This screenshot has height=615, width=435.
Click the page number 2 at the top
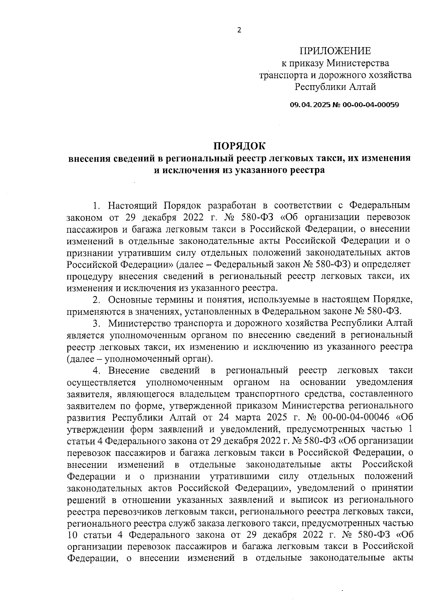(x=239, y=30)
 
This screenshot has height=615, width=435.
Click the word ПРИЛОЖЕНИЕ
(x=335, y=51)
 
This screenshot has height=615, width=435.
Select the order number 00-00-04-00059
(x=369, y=105)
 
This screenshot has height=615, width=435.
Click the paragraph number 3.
(x=96, y=323)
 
